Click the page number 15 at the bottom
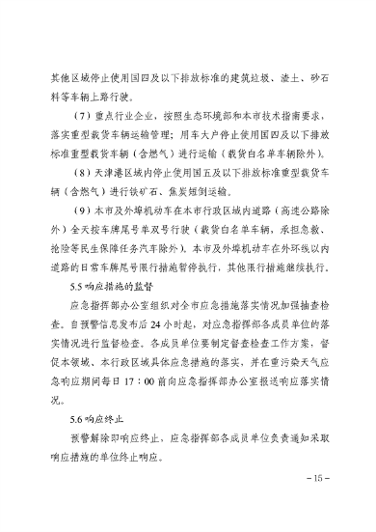pyautogui.click(x=315, y=504)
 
